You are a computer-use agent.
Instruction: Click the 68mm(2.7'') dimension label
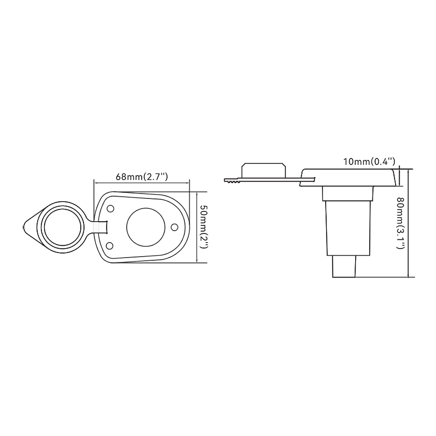[x=142, y=177]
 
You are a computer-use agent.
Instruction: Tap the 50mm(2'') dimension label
[x=204, y=227]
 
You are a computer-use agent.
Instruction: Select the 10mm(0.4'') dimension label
[x=369, y=162]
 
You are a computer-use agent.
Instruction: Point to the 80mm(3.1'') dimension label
[x=401, y=223]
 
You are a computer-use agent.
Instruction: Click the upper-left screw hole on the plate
[x=111, y=208]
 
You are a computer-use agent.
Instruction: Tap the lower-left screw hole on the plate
[x=110, y=246]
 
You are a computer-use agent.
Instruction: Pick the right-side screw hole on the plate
[x=174, y=227]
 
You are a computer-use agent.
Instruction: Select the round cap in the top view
[x=61, y=227]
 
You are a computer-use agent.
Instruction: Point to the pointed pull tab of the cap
[x=30, y=227]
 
